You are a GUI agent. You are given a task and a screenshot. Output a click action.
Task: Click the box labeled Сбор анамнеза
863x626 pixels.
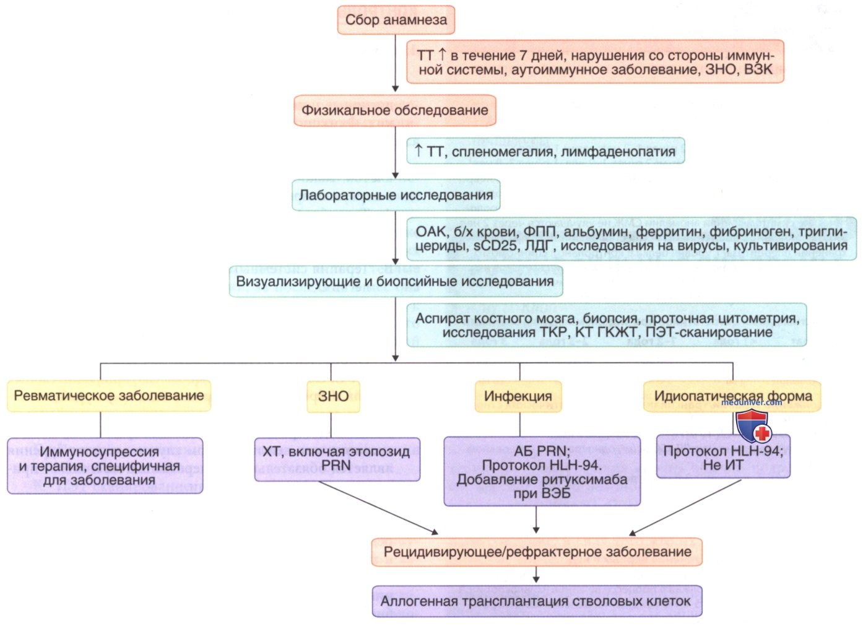(396, 20)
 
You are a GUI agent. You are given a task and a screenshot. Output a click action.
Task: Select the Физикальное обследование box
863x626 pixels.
(395, 111)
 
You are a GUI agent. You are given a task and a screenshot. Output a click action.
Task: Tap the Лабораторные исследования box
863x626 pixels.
(396, 195)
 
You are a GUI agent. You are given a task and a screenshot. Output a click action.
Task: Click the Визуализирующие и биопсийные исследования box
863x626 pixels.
(396, 281)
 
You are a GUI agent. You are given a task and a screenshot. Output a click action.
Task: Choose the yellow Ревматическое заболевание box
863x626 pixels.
(109, 396)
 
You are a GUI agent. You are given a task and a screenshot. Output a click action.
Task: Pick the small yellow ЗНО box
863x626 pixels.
(333, 396)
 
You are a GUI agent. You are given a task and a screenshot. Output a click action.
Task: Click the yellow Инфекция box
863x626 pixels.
(518, 396)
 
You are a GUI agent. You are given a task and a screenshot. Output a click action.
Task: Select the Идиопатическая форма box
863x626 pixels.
(732, 396)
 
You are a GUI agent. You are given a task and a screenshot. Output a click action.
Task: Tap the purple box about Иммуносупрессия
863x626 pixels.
(105, 466)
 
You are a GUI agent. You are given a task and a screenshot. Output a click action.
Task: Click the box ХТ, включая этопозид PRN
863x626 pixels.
(337, 459)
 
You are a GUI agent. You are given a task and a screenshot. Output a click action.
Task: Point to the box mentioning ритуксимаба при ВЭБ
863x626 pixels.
(542, 471)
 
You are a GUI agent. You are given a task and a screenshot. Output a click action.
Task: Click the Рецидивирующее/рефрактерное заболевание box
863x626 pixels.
(537, 552)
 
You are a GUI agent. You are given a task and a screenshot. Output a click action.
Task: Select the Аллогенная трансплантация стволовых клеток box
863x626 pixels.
(537, 601)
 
